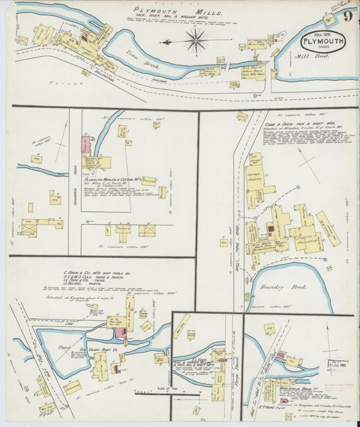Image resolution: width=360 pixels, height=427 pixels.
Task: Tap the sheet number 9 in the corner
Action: [346, 17]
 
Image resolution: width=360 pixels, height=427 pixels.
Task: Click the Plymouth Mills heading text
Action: [164, 11]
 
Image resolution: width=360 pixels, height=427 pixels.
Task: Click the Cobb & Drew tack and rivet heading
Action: [299, 124]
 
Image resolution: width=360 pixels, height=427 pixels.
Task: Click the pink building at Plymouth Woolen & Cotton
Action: [86, 145]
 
